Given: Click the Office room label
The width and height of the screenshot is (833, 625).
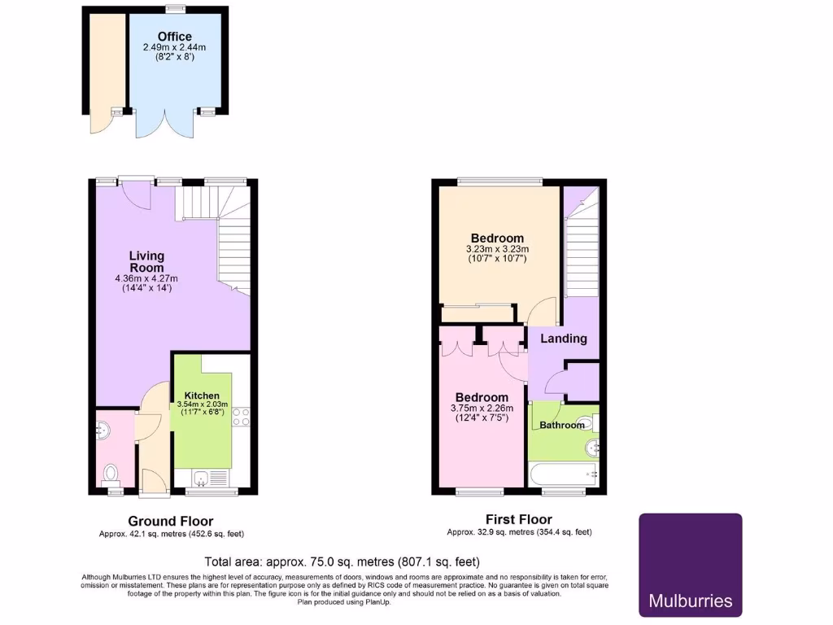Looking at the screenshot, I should point(175,37).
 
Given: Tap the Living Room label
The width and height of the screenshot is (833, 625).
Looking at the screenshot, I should point(146,261).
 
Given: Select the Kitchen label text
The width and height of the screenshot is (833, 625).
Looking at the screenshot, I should point(202,396).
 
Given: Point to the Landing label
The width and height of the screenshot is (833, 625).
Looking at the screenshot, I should point(564,339).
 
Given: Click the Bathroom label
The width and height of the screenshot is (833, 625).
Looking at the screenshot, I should point(562,425).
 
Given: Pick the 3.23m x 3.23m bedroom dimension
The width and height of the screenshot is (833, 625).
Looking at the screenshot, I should point(497,249).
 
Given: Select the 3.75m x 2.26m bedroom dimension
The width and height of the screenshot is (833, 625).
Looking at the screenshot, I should point(481,409).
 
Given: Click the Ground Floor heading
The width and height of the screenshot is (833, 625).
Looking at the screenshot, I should point(171,521).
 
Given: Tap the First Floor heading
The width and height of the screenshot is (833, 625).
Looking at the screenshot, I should point(519,519).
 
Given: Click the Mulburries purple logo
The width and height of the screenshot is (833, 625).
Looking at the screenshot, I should point(690,564).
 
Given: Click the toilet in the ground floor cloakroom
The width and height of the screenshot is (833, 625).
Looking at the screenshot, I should point(111,473).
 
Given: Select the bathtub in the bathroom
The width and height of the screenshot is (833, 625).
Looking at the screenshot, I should point(563,473).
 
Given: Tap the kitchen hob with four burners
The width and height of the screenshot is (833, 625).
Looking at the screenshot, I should point(241,417).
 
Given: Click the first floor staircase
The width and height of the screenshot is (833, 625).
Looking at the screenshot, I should point(581,244).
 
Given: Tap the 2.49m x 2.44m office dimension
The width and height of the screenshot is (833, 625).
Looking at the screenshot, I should point(175,48).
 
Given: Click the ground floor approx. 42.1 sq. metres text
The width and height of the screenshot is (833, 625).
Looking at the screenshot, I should point(171,534).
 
